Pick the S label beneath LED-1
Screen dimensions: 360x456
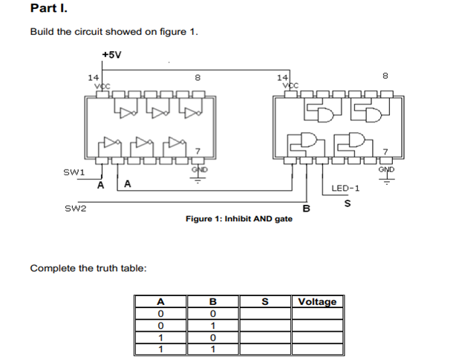346,203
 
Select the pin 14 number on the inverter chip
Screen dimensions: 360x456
93,76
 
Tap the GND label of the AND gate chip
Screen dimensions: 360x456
386,169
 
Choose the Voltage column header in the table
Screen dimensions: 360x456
317,301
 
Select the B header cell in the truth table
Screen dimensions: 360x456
212,301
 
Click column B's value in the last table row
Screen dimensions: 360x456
212,349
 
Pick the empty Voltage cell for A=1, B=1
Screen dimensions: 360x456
317,349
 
